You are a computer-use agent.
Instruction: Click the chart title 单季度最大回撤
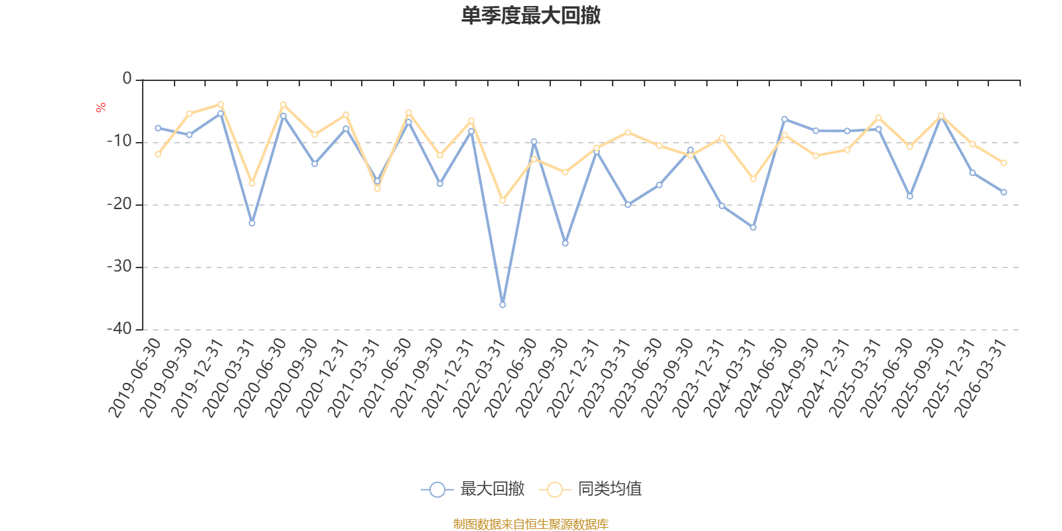pos(530,15)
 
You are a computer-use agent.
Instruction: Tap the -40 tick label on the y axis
pos(119,329)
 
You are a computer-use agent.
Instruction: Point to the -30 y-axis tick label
pos(119,267)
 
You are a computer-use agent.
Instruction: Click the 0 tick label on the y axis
pos(127,79)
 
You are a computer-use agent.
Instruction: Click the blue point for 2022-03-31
pos(502,305)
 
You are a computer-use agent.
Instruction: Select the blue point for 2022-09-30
pos(566,243)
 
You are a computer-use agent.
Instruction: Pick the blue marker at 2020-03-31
pos(252,223)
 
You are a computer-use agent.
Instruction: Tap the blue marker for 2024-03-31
pos(753,228)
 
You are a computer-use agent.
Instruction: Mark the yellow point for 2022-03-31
pos(502,200)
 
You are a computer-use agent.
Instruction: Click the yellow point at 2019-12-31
pos(221,104)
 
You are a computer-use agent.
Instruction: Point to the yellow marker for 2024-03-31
pos(753,179)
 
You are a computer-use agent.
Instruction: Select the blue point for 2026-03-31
pos(1004,192)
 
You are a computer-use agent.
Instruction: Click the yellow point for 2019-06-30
pos(158,154)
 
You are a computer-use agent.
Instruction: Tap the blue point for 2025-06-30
pos(910,196)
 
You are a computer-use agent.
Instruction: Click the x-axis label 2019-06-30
pos(135,378)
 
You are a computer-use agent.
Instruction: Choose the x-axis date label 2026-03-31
pos(981,378)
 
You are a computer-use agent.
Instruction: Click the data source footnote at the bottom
pos(530,524)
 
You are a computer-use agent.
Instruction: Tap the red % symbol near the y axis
pos(101,108)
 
